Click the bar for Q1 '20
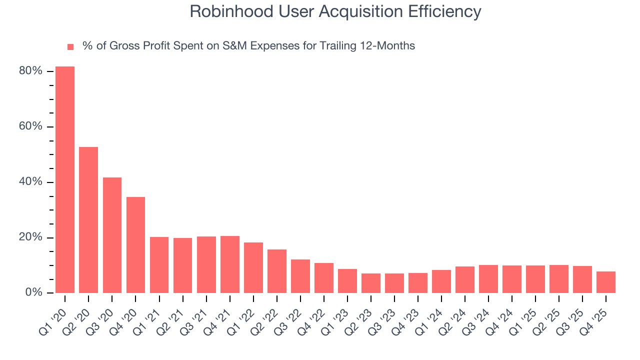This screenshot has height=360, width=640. (x=65, y=179)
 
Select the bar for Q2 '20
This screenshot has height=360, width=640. (x=88, y=219)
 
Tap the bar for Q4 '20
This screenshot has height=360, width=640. (x=135, y=244)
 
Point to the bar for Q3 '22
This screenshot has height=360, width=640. (x=300, y=276)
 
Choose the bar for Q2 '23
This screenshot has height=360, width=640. (x=371, y=283)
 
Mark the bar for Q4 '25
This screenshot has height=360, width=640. (x=606, y=282)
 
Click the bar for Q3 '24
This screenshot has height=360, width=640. (x=488, y=278)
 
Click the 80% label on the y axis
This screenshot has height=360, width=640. (x=30, y=71)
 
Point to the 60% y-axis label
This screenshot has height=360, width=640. (x=30, y=126)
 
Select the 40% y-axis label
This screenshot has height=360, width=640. (x=30, y=182)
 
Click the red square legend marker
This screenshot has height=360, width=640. (x=70, y=46)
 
